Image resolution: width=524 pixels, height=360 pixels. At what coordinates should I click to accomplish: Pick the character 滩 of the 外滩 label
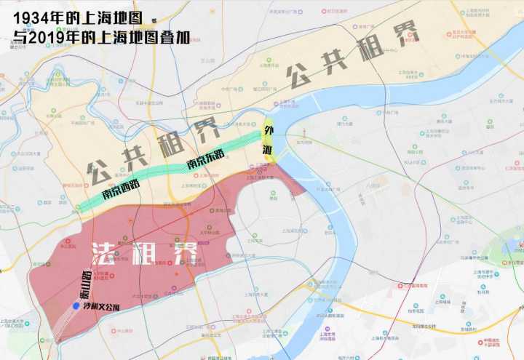pos(269,149)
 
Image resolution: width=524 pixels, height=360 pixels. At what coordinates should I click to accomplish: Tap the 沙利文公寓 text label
pos(104,308)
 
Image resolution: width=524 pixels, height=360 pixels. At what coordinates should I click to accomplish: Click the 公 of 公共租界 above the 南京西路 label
pos(97,173)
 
